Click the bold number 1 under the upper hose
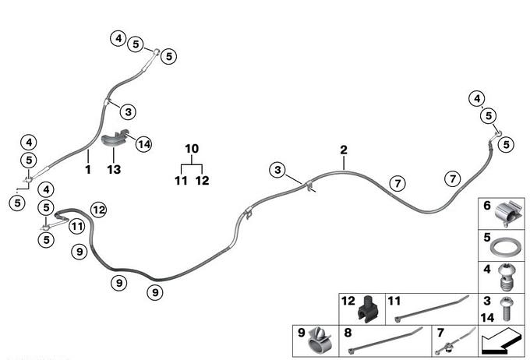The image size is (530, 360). [x=88, y=168]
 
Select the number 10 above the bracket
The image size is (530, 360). [x=192, y=148]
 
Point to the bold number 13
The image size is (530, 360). [x=114, y=168]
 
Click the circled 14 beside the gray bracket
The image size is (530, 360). [x=142, y=143]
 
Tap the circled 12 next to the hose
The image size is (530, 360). [x=98, y=208]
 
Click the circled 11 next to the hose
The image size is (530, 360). [x=76, y=226]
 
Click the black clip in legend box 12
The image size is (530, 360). [x=367, y=310]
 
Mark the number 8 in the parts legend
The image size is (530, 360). [x=348, y=331]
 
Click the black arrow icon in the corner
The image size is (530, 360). [x=501, y=341]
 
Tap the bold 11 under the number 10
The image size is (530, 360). [x=181, y=181]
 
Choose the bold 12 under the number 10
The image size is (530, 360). [x=202, y=181]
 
